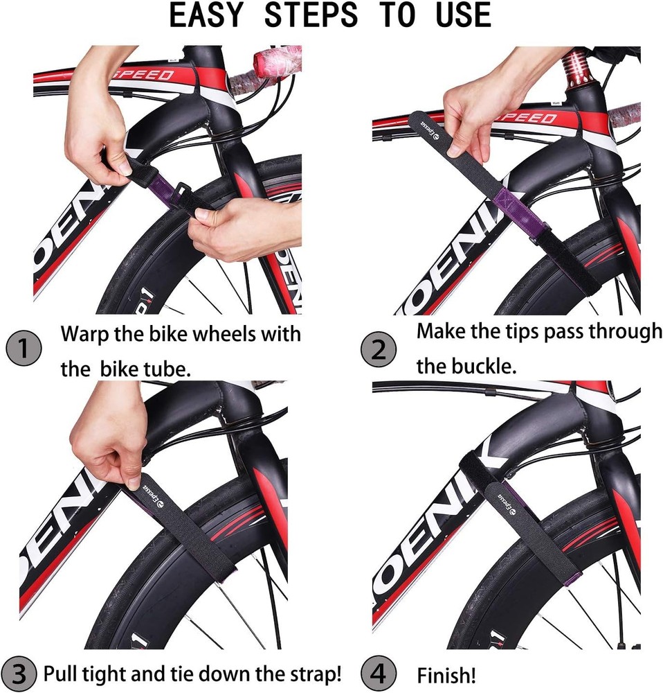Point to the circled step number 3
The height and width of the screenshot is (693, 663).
click(x=20, y=673)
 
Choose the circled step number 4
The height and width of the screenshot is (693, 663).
click(x=379, y=673)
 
